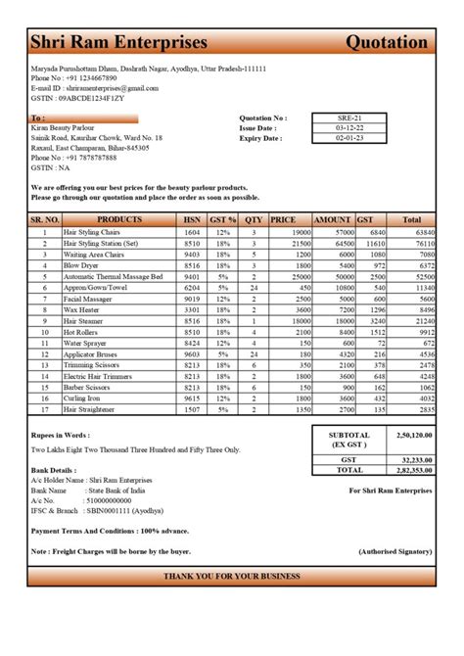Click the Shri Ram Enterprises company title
pos(118,42)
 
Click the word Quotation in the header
pos(387,42)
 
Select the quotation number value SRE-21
pos(347,117)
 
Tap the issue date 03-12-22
pos(347,128)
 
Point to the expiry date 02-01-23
pos(347,139)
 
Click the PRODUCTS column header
pos(119,220)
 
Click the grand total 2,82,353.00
pos(412,470)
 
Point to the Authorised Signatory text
pos(394,551)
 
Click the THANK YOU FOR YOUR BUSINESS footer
pos(232,577)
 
